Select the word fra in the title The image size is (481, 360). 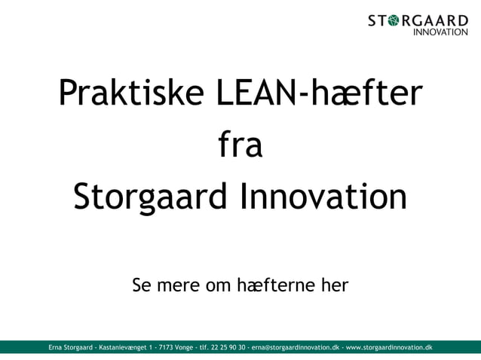240,146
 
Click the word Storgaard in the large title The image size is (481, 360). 149,198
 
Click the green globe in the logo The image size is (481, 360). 394,20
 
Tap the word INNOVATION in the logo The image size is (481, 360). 441,32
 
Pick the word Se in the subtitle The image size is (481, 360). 142,286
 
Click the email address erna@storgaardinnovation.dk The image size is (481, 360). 296,348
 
